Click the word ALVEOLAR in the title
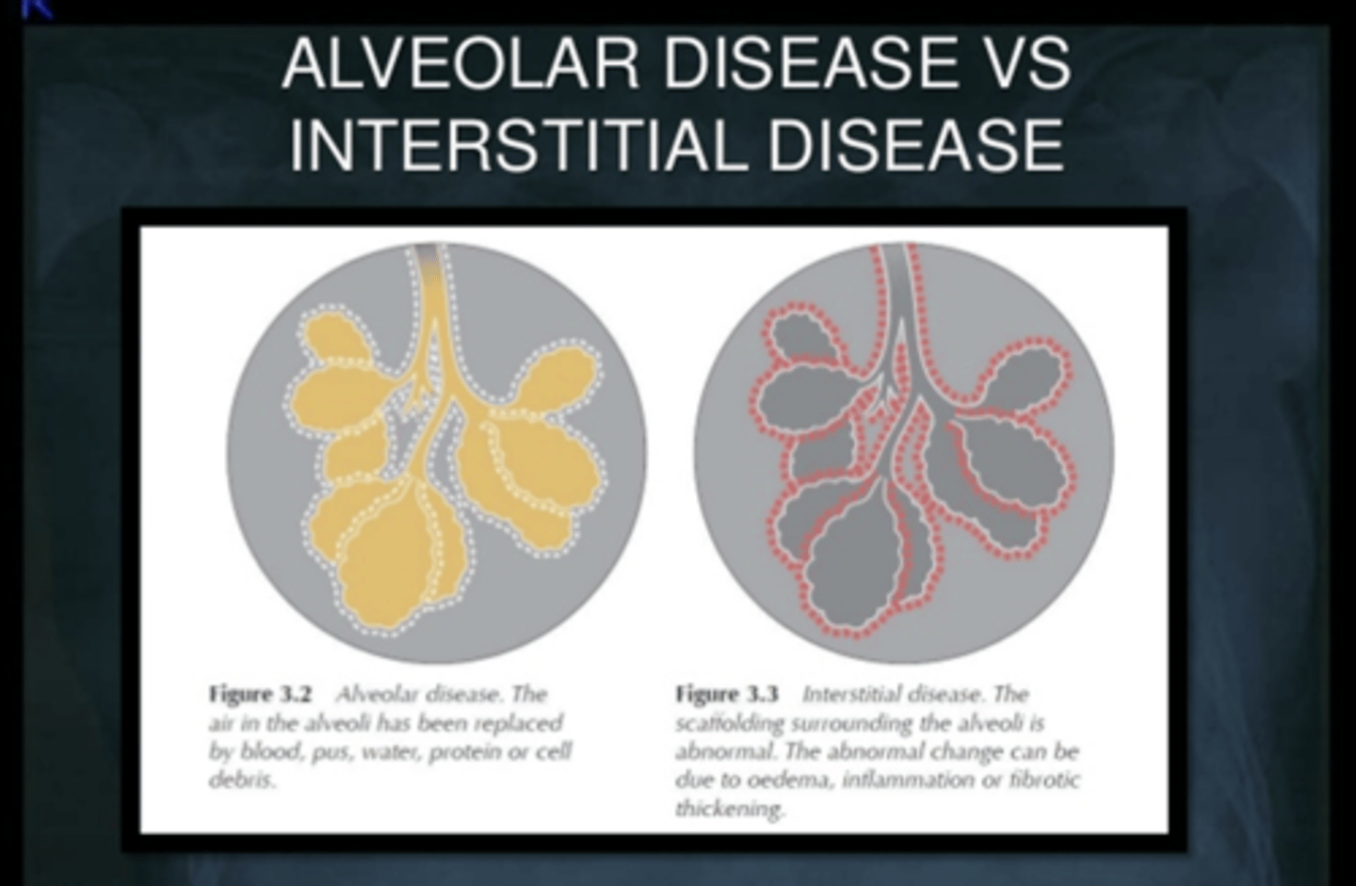pyautogui.click(x=460, y=64)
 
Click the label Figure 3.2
pyautogui.click(x=260, y=694)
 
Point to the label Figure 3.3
pyautogui.click(x=726, y=694)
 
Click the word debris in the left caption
pyautogui.click(x=242, y=781)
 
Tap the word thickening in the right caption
pyautogui.click(x=730, y=809)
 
